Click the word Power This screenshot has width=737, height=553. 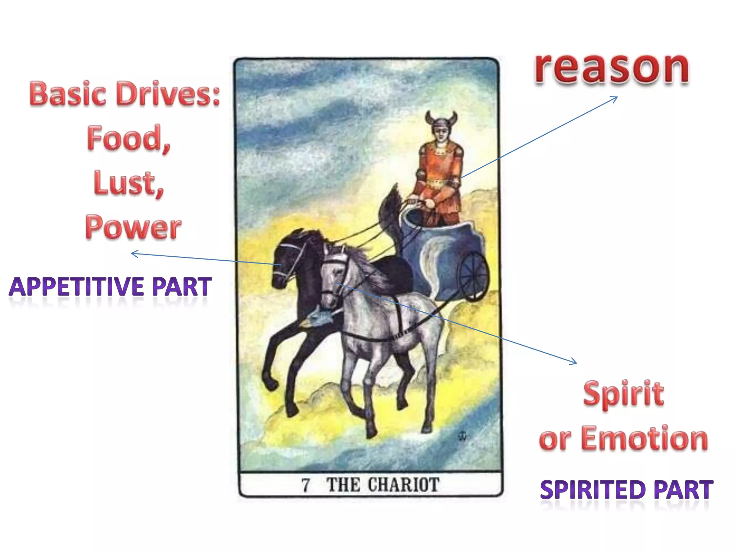pyautogui.click(x=133, y=228)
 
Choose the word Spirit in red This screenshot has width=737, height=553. pyautogui.click(x=623, y=394)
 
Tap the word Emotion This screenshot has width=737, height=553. pyautogui.click(x=644, y=439)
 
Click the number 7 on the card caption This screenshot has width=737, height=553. pyautogui.click(x=306, y=485)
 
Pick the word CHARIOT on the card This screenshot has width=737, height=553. pyautogui.click(x=403, y=485)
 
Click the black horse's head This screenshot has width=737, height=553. pyautogui.click(x=288, y=257)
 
